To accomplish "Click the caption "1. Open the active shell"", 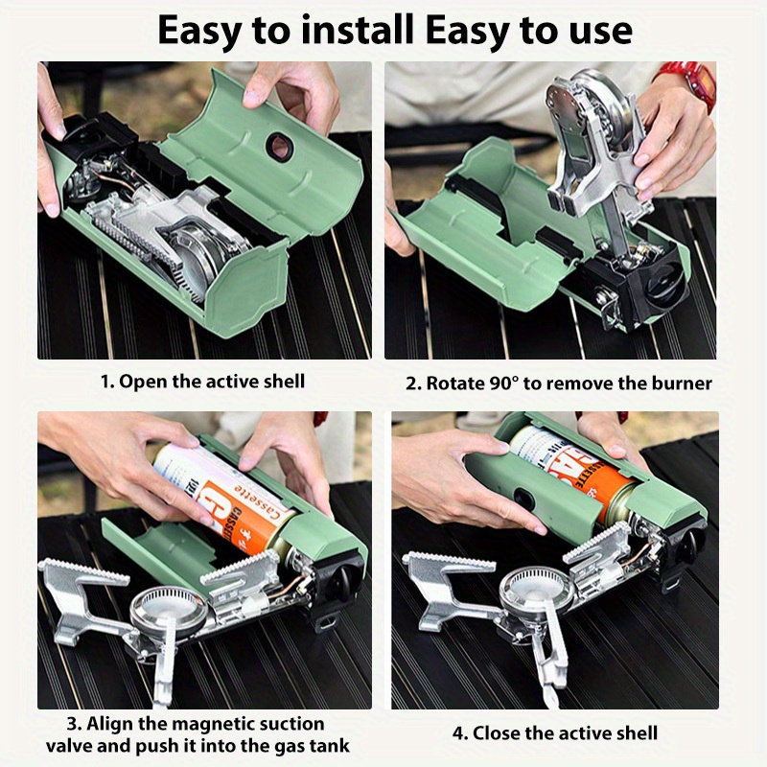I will (x=203, y=381).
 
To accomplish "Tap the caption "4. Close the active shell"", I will (x=555, y=732).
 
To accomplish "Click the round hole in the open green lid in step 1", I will (x=280, y=147).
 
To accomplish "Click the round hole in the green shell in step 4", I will (x=520, y=500).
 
